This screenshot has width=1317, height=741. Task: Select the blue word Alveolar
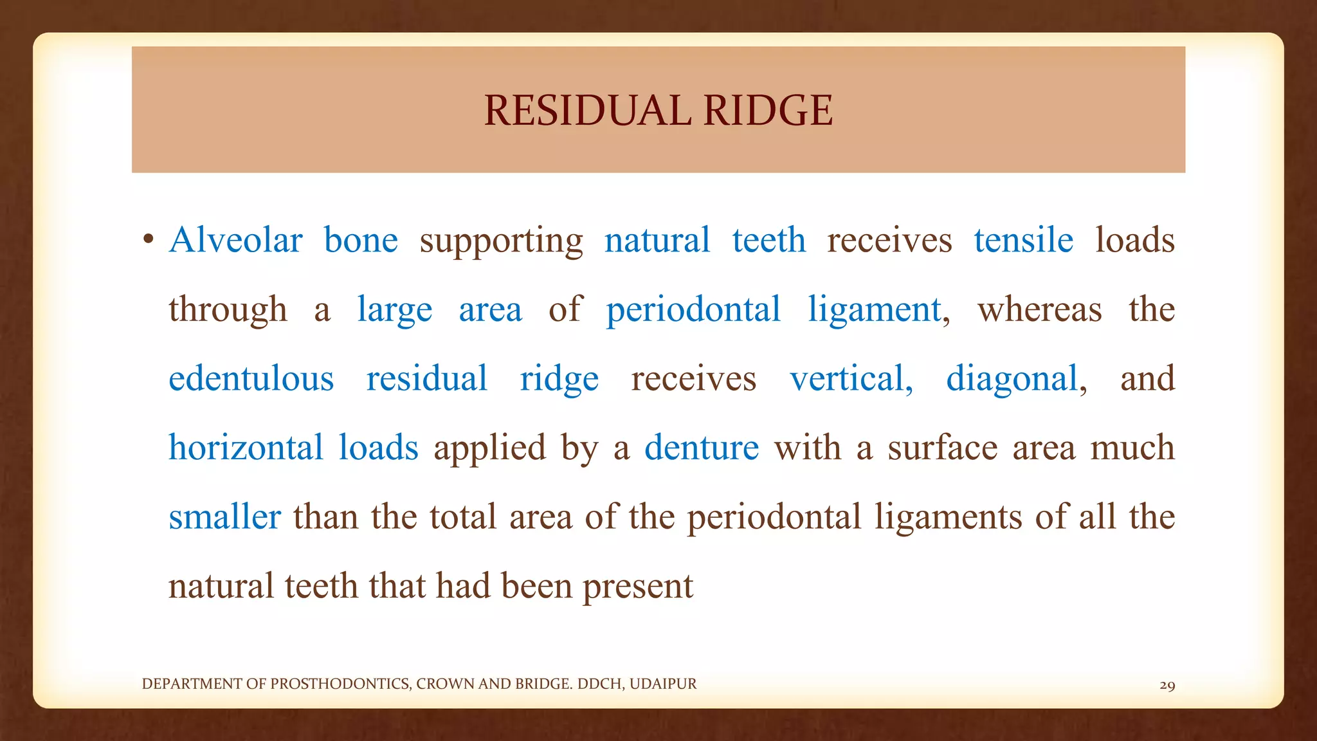point(235,241)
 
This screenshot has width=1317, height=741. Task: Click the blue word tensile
point(1023,241)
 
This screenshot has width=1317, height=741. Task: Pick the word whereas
point(1039,310)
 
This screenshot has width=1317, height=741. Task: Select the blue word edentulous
point(251,379)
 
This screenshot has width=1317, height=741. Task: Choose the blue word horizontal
point(246,448)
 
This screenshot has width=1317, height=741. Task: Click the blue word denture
point(702,448)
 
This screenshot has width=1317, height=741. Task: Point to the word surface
point(942,448)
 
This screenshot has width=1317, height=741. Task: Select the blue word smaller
point(224,517)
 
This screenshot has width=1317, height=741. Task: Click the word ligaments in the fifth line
point(947,518)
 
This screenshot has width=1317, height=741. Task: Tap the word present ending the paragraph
point(637,587)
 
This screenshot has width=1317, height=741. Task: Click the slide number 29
point(1167,686)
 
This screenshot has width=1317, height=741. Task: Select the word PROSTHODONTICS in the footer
point(340,684)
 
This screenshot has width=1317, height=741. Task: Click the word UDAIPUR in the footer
point(663,684)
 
